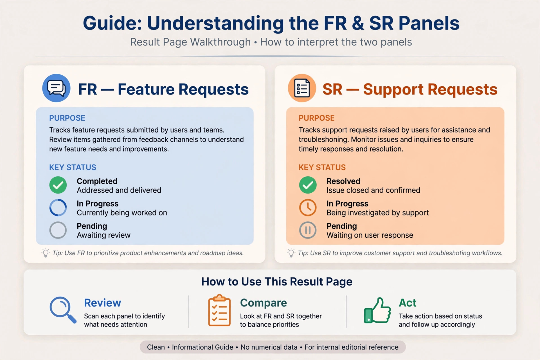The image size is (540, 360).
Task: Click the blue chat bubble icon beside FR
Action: pos(56,88)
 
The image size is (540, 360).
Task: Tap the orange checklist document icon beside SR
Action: pos(302,88)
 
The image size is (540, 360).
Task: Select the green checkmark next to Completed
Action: pos(58,185)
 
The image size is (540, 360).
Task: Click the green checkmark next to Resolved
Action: pos(308,185)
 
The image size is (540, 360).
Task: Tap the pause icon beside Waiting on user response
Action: pos(308,230)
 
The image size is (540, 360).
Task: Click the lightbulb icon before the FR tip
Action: pos(46,253)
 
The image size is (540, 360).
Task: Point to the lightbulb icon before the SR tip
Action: pos(291,253)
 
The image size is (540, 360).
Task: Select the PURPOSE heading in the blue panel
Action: pos(67,118)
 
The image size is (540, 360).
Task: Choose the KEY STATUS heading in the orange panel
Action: pos(322,167)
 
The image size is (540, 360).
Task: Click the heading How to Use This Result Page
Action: pos(277,282)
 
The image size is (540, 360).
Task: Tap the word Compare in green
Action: pos(264,303)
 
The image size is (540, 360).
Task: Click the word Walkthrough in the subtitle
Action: pos(220,42)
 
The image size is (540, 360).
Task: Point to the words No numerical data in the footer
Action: pos(269,347)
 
